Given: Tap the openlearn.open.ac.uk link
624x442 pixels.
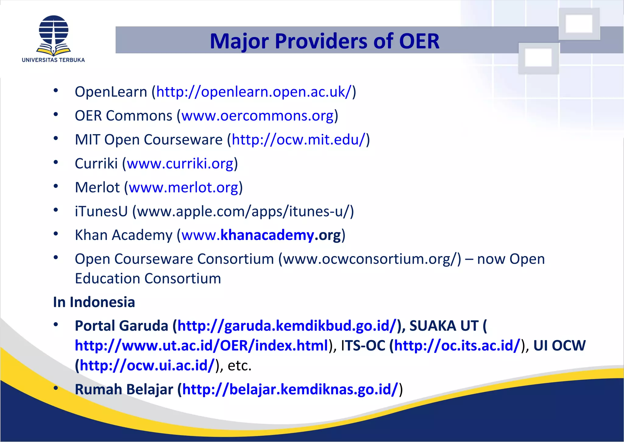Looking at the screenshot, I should click(254, 92).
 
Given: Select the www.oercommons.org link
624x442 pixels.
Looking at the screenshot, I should click(257, 116).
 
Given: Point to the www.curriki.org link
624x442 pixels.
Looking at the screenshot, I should click(180, 164).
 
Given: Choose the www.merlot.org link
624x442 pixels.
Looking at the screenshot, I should click(183, 187).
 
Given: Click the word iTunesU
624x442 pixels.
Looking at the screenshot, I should click(101, 212).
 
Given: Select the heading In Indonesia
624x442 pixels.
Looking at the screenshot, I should click(94, 302).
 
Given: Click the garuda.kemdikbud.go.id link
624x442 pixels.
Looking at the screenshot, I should click(287, 326).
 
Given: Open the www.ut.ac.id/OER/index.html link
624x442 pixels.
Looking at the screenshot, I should click(201, 346).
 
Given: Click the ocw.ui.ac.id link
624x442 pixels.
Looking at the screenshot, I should click(147, 365).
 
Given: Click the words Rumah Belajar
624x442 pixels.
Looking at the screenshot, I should click(124, 389).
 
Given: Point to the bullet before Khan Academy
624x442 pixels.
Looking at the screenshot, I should click(56, 234).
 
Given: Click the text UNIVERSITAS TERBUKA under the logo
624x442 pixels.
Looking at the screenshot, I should click(53, 60).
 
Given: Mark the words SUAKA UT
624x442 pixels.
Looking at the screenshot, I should click(444, 326).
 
